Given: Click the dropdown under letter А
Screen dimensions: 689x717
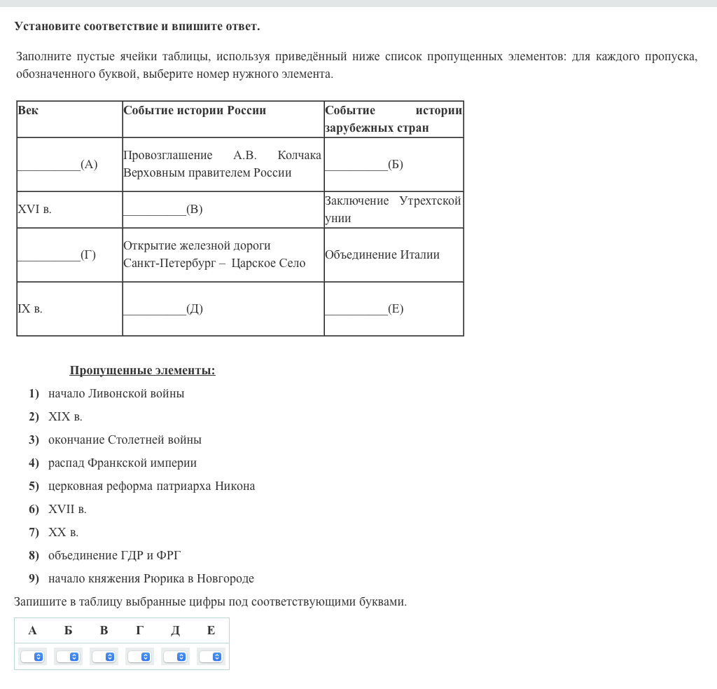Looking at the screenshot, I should point(32,657).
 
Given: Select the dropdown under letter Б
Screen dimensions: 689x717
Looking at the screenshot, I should point(68,657).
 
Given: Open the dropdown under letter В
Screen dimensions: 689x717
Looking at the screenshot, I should point(104,657).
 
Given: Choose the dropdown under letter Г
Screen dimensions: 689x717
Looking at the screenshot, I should point(139,657).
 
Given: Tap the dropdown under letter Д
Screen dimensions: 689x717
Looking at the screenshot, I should point(175,657).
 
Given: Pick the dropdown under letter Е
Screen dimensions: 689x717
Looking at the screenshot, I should point(211,657).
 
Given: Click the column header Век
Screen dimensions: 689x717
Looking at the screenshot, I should point(28,111).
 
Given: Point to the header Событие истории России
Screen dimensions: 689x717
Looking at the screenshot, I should point(195,111).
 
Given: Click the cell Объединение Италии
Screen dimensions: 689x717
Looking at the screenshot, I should point(382,255).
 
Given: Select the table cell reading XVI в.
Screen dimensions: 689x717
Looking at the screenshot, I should point(34,210).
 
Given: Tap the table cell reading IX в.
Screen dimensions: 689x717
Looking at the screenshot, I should point(30,309).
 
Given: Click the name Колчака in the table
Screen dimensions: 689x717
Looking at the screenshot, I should point(299,156).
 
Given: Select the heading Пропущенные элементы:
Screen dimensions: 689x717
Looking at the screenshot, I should point(142,371).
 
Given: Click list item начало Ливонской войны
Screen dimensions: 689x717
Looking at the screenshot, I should point(116,394).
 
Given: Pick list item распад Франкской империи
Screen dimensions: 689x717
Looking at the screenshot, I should point(123,463).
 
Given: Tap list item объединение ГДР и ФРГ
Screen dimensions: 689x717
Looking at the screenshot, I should point(114,556).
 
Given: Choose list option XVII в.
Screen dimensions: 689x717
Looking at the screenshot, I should point(67,510).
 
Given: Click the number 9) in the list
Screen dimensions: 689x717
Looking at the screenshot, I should point(34,579).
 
